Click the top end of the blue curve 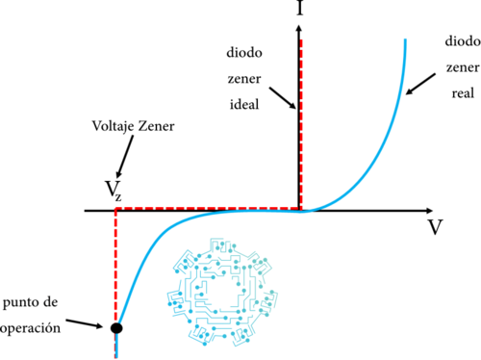405,41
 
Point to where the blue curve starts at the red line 118,321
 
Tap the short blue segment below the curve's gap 115,344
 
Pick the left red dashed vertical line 115,260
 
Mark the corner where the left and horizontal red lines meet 115,208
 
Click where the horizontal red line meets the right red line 302,208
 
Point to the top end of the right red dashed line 302,40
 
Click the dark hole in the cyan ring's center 222,291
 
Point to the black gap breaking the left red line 115,330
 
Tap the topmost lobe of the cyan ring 221,246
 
